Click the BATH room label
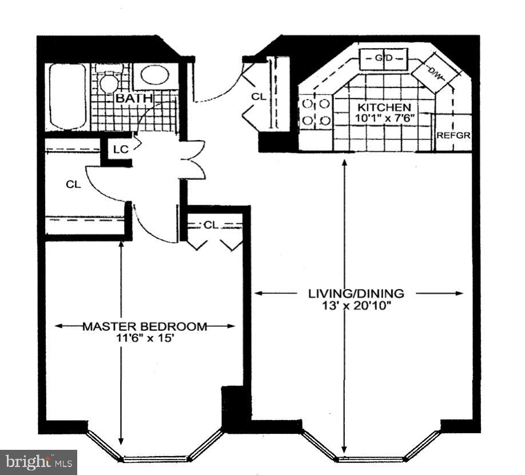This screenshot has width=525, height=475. (135, 98)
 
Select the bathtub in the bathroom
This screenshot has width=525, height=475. (67, 96)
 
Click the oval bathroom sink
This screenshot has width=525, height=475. (154, 76)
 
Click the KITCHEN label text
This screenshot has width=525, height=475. (384, 108)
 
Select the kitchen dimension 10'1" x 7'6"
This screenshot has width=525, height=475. (384, 118)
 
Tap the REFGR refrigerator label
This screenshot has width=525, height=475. (454, 136)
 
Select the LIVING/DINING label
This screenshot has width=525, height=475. (356, 294)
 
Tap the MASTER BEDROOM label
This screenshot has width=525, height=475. (145, 327)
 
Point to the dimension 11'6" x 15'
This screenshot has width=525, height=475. (145, 338)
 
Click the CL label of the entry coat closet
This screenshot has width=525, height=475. (258, 97)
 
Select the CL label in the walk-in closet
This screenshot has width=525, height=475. (73, 184)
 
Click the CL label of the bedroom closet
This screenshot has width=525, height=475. (211, 225)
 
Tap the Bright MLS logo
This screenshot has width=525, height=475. (38, 462)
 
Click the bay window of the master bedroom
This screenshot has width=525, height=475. (156, 452)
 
